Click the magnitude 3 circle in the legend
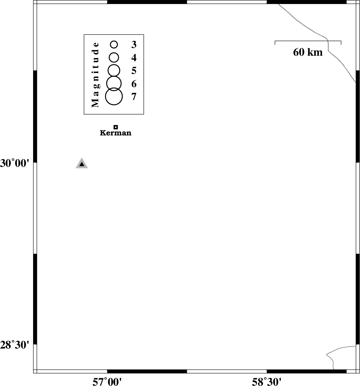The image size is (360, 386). tap(110, 45)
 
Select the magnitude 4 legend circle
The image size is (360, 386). tap(109, 58)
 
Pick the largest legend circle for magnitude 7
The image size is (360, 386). tap(105, 96)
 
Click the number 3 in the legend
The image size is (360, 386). tap(134, 45)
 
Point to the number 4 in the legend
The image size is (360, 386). tap(134, 58)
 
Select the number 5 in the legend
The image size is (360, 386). tap(134, 71)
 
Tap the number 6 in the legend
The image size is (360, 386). tap(134, 84)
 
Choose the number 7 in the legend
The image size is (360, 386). tap(134, 97)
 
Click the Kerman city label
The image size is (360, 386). tap(115, 133)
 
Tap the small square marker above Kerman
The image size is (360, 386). tap(116, 127)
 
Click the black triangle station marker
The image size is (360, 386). tap(82, 164)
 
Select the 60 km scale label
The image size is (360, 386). tap(308, 52)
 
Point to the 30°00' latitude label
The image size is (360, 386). tap(15, 163)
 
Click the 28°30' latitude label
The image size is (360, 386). tap(15, 345)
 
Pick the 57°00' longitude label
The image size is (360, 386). tap(107, 382)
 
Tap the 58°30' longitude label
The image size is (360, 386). tap(266, 382)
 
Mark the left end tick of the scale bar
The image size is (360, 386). tap(275, 43)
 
